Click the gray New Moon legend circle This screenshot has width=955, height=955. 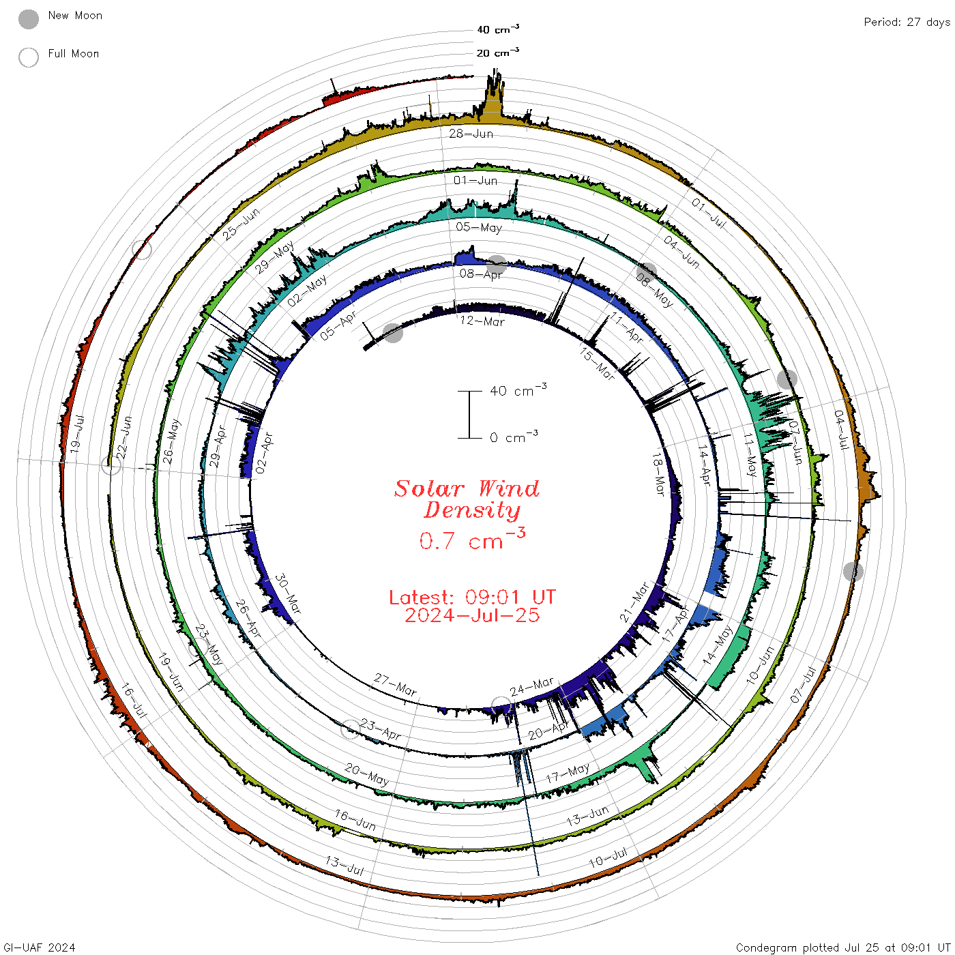[28, 19]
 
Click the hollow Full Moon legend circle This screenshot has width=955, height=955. [28, 57]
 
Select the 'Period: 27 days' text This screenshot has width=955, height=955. [907, 23]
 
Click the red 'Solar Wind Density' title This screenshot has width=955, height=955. [467, 499]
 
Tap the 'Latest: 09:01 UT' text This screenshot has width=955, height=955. [472, 597]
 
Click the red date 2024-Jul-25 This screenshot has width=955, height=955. [472, 615]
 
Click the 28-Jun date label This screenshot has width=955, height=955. [471, 134]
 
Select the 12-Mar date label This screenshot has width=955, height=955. [482, 321]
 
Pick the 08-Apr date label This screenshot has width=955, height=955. [481, 274]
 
